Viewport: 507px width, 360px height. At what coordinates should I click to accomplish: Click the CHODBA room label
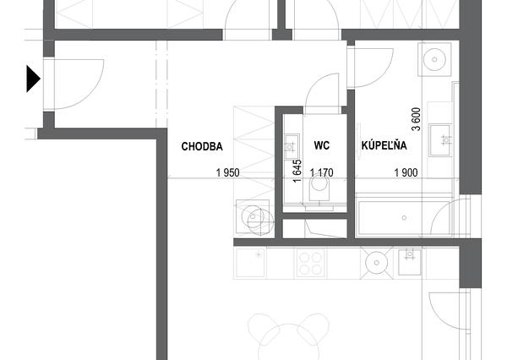[x=202, y=146]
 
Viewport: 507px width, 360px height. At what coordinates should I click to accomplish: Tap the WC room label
[x=322, y=145]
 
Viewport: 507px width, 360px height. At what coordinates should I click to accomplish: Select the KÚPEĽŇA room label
[x=384, y=145]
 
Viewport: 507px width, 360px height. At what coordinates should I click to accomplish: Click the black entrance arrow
[x=33, y=79]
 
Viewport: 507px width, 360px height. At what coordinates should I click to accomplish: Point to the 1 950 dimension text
[x=228, y=172]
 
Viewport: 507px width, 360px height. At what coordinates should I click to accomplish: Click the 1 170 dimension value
[x=322, y=172]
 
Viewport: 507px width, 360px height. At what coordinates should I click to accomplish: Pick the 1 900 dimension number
[x=406, y=172]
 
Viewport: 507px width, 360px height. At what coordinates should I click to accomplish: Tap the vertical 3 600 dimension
[x=417, y=119]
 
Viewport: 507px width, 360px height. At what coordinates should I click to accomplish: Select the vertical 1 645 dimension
[x=297, y=171]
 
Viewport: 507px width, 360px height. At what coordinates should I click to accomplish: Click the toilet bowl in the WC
[x=319, y=189]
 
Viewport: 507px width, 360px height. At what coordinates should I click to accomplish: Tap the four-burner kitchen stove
[x=310, y=263]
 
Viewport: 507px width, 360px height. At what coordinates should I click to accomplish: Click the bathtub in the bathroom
[x=404, y=215]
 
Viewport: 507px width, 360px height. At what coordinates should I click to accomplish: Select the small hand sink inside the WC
[x=291, y=146]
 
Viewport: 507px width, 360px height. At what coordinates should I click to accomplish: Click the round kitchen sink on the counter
[x=376, y=263]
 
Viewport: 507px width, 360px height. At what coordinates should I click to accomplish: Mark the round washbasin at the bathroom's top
[x=434, y=59]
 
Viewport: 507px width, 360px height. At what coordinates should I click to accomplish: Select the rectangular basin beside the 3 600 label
[x=439, y=140]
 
